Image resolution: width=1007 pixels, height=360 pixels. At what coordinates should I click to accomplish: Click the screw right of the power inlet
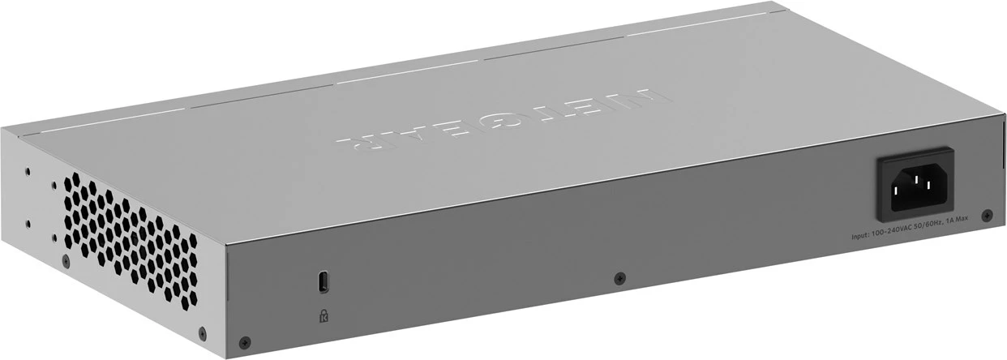click(x=987, y=216)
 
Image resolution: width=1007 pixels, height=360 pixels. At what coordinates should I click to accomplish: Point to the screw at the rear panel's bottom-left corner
click(x=247, y=341)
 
